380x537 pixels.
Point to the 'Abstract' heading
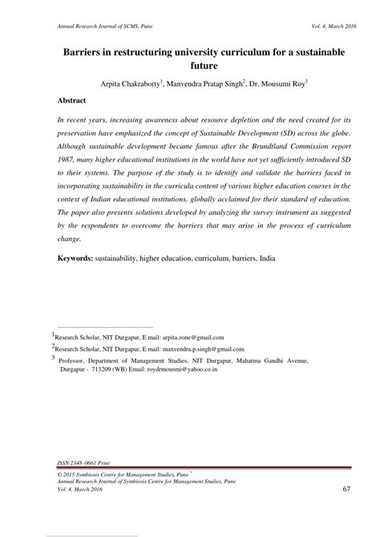[x=73, y=103]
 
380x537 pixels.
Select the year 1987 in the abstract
[x=68, y=160]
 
